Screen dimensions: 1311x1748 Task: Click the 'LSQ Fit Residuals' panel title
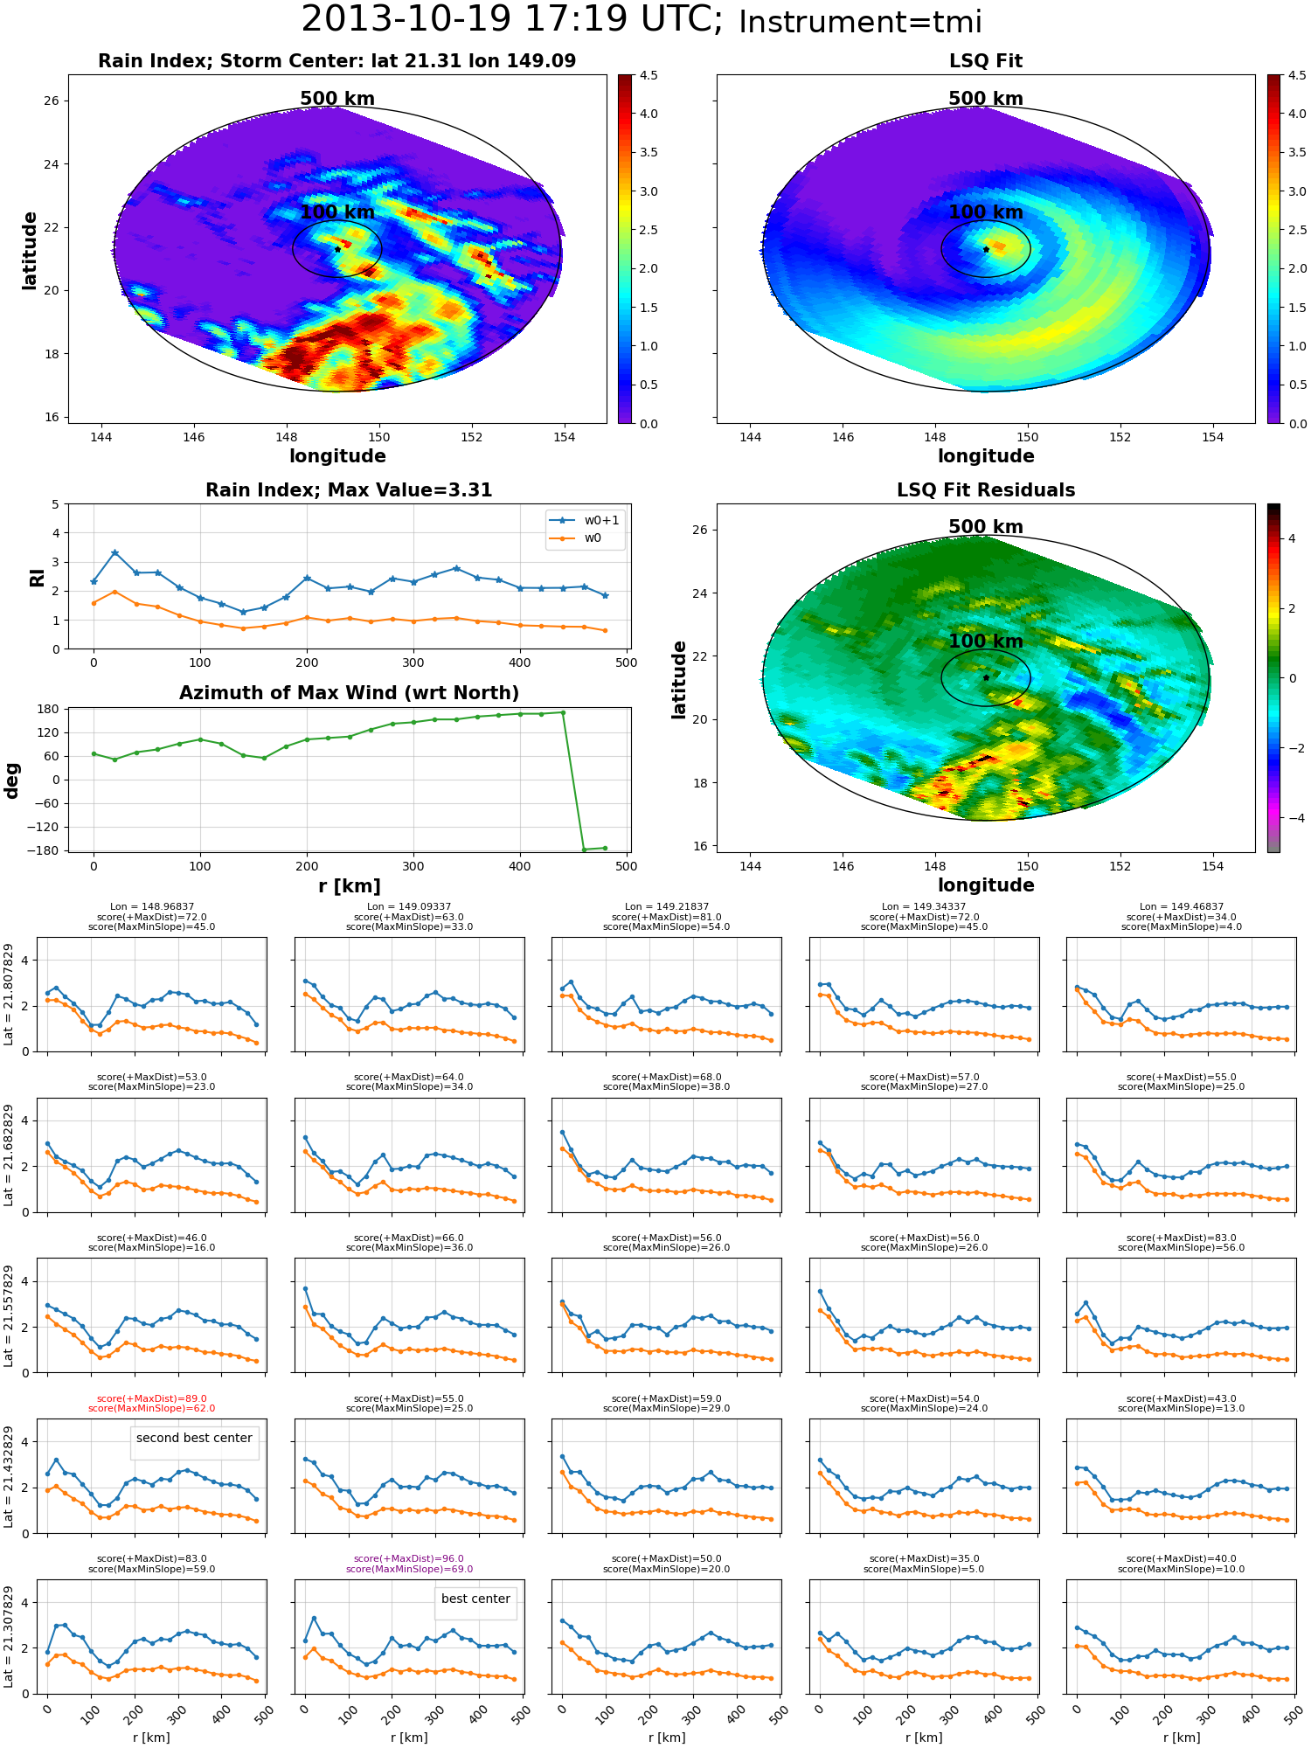pyautogui.click(x=986, y=490)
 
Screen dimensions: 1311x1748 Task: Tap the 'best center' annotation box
pyautogui.click(x=475, y=1599)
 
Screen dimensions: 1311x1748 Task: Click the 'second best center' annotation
pyautogui.click(x=194, y=1438)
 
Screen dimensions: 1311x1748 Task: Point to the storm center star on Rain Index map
pyautogui.click(x=337, y=249)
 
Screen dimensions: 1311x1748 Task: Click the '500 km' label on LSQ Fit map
pyautogui.click(x=986, y=99)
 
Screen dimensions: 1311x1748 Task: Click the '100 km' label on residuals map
pyautogui.click(x=986, y=642)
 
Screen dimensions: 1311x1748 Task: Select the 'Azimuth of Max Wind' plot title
pyautogui.click(x=350, y=693)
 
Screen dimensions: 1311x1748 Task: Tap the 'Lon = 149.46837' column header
pyautogui.click(x=1182, y=907)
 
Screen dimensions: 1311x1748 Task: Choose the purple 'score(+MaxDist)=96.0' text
pyautogui.click(x=409, y=1559)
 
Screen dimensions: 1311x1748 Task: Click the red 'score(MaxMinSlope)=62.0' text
pyautogui.click(x=151, y=1409)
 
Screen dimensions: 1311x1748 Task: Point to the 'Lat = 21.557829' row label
pyautogui.click(x=9, y=1315)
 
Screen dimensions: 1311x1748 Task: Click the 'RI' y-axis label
pyautogui.click(x=37, y=577)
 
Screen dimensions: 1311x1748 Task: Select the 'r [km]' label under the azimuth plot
pyautogui.click(x=350, y=886)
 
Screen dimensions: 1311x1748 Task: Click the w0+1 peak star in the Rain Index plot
pyautogui.click(x=114, y=553)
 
